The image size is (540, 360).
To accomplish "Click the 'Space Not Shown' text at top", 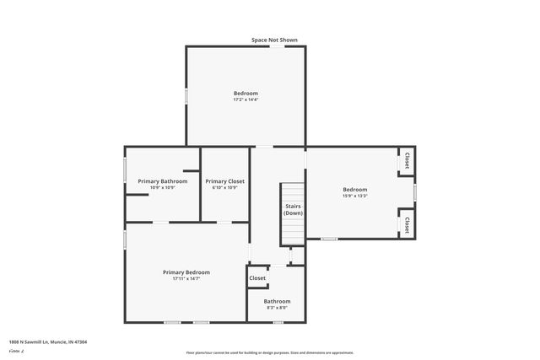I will (274, 40).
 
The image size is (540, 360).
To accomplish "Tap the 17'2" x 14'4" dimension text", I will (246, 100).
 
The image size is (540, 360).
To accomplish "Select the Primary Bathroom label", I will (162, 181).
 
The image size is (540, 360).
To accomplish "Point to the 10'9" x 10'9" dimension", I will (162, 188).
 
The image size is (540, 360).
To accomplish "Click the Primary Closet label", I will (224, 181).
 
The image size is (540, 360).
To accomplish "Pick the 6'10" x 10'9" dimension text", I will (224, 188).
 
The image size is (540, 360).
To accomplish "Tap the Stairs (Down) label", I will (293, 209).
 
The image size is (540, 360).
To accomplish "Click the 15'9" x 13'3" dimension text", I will (354, 196).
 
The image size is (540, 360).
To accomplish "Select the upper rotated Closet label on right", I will (407, 160).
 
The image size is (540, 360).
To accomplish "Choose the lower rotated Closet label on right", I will (407, 225).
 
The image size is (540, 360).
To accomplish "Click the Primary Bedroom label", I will (186, 272).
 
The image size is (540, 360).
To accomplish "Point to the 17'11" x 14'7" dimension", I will (186, 279).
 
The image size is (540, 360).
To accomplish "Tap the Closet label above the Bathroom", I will (257, 278).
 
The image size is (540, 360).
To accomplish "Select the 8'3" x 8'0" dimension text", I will (277, 308).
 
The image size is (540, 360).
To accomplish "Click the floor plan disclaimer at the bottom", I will (270, 352).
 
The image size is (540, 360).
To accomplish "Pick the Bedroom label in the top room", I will (246, 93).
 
